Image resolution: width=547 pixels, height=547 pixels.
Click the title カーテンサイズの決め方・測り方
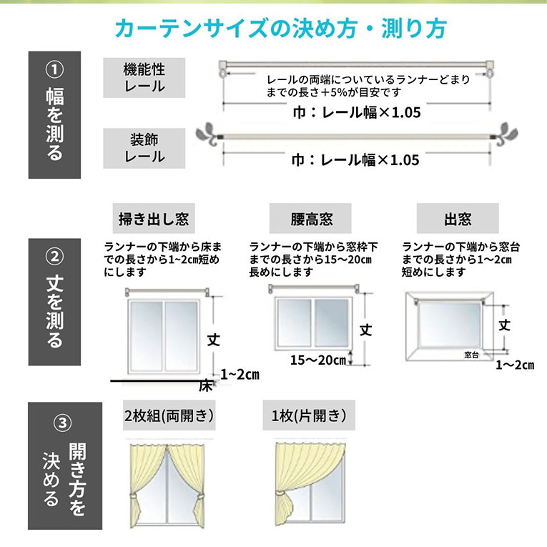pos(281,29)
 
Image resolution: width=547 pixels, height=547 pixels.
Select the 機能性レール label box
pos(144,78)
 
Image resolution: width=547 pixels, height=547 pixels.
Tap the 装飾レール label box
pos(144,148)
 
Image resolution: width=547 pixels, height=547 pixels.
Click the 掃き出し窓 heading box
pos(154,218)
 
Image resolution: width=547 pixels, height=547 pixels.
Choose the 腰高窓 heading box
pos(310,218)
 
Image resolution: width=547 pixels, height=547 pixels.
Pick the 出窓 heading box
pos(458,218)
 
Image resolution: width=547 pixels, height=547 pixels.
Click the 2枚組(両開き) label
pos(169,415)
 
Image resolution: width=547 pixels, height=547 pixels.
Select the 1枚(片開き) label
pos(309,415)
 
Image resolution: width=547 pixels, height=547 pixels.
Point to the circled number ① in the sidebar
pos(54,69)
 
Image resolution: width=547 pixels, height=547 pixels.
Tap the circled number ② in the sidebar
pos(54,257)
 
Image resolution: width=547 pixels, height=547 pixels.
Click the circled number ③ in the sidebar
pos(62,423)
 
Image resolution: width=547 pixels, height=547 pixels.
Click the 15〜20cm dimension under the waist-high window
pos(317,360)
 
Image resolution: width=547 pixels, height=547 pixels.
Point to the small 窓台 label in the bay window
pos(471,355)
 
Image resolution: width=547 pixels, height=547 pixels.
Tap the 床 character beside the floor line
pos(206,386)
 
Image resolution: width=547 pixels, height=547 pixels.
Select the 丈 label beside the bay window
pos(504,325)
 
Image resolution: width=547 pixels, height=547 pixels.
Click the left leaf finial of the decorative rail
pos(207,134)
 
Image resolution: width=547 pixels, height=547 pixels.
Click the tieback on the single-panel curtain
pos(281,493)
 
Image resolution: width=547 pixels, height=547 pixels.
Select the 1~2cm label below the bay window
pos(515,365)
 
